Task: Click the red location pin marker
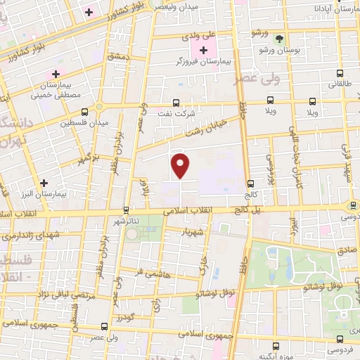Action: click(181, 165)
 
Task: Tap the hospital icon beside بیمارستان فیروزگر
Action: click(204, 50)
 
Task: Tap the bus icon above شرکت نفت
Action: click(176, 101)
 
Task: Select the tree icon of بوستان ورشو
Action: click(281, 39)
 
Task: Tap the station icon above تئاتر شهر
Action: click(126, 210)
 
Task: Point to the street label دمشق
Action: click(117, 54)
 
